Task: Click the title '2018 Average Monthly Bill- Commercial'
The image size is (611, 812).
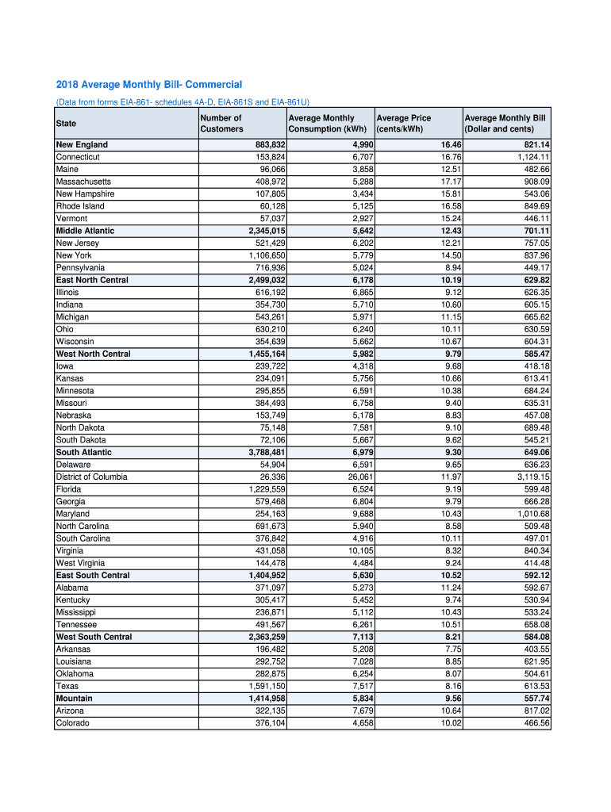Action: coord(148,85)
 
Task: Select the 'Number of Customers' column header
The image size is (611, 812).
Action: coord(221,124)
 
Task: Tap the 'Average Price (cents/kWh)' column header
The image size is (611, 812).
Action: coord(404,124)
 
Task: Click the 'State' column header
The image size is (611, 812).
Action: coord(67,124)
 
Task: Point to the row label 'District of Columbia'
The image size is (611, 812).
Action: coord(91,477)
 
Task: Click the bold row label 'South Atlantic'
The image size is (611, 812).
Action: coord(84,453)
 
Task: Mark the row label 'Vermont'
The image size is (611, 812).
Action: coord(71,219)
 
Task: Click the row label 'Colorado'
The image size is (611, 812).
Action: coord(72,723)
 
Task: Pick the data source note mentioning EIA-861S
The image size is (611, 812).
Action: coord(183,102)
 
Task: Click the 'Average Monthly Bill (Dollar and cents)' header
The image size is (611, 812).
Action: coord(505,124)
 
